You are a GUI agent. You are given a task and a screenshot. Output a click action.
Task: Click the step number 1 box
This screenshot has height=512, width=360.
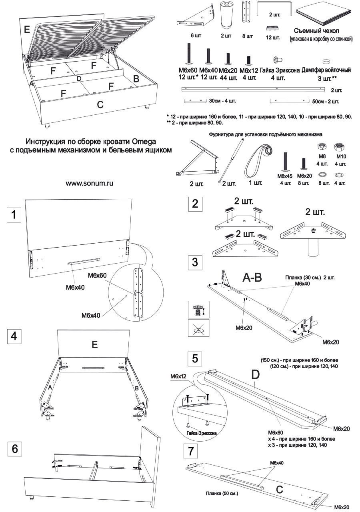coord(14,215)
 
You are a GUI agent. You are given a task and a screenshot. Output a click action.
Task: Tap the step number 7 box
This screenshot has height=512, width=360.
coord(190,452)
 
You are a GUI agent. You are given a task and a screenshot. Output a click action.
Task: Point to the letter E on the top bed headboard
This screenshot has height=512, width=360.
coord(27,29)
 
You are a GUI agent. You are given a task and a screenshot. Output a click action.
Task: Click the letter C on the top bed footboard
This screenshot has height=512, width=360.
coord(100,105)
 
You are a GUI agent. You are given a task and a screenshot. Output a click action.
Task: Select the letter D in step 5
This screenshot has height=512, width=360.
coord(255,374)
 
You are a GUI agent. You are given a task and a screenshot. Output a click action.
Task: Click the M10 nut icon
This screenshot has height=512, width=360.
coord(340,146)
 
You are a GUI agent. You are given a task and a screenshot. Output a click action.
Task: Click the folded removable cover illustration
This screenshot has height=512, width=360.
coord(324,14)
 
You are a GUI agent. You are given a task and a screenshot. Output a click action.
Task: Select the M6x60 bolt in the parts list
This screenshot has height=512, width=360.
coord(187,53)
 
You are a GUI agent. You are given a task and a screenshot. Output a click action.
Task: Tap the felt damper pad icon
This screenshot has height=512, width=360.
coord(327,62)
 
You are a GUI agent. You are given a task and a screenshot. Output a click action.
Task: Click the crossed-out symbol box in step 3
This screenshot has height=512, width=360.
coord(197,328)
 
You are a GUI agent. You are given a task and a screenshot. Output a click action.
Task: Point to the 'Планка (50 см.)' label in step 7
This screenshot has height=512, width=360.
coord(222,493)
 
